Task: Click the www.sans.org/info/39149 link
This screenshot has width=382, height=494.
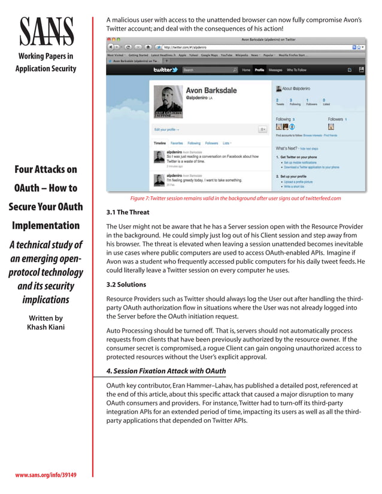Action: (x=46, y=475)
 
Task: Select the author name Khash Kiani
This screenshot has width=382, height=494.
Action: (x=45, y=327)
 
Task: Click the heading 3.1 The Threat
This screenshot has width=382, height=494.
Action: (x=128, y=212)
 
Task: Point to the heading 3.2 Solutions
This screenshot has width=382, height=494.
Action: (x=126, y=285)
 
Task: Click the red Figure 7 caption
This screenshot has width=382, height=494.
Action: (x=235, y=198)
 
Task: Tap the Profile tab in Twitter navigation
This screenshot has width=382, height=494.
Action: (x=259, y=70)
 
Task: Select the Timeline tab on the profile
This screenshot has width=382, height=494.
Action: (x=160, y=144)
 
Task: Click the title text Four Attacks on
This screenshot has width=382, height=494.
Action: (x=46, y=169)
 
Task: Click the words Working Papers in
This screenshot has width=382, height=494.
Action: (x=46, y=57)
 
